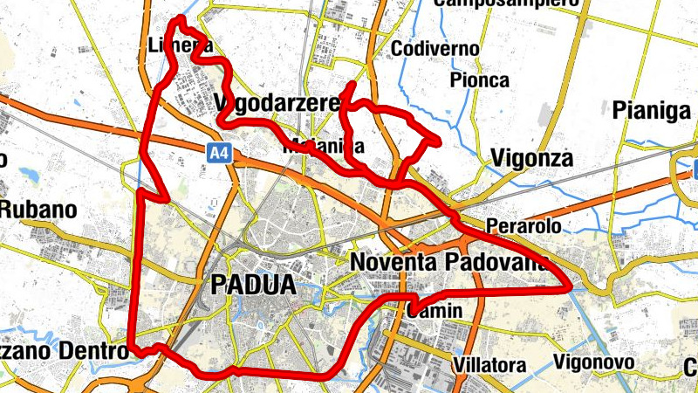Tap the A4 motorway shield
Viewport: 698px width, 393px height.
pyautogui.click(x=220, y=153)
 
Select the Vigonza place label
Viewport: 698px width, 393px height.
pyautogui.click(x=531, y=158)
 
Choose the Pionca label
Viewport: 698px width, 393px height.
pyautogui.click(x=479, y=80)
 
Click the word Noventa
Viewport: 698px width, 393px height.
pyautogui.click(x=393, y=261)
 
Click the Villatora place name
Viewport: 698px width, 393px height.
pyautogui.click(x=489, y=364)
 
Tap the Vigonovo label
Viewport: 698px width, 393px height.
pyautogui.click(x=592, y=362)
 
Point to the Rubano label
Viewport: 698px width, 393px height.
pyautogui.click(x=38, y=210)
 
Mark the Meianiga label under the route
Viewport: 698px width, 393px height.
pyautogui.click(x=323, y=146)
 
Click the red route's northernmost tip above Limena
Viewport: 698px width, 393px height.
pyautogui.click(x=181, y=18)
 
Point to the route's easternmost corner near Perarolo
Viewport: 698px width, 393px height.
pyautogui.click(x=569, y=288)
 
